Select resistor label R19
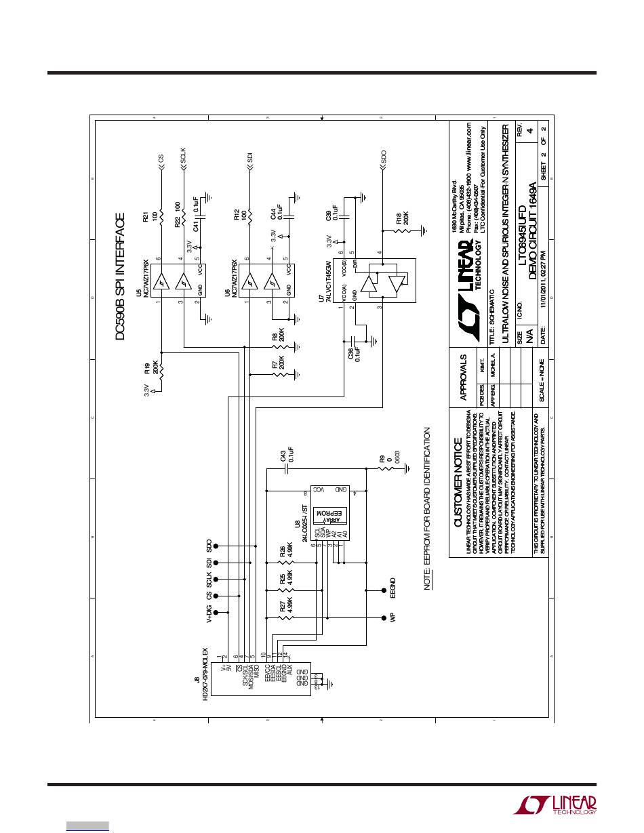click(x=146, y=370)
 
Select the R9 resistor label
click(x=382, y=459)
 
